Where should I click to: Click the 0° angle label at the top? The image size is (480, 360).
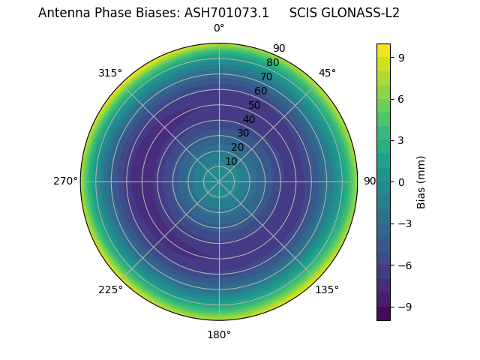(219, 28)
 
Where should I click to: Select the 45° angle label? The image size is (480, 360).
(327, 73)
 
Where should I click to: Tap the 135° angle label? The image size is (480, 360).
(327, 289)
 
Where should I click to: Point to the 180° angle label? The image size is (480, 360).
(219, 334)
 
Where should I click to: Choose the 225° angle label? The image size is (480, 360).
(110, 289)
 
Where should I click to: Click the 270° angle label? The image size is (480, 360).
(65, 181)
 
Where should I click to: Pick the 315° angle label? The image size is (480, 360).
(110, 73)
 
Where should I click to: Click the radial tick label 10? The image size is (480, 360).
(231, 162)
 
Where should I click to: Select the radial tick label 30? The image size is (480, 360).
(243, 133)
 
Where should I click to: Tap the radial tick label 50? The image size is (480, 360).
(255, 105)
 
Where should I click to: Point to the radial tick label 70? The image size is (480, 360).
(266, 76)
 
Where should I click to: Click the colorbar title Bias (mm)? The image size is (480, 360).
(421, 181)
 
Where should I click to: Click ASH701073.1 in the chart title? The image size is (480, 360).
(226, 13)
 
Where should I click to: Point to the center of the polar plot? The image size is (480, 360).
(219, 181)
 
